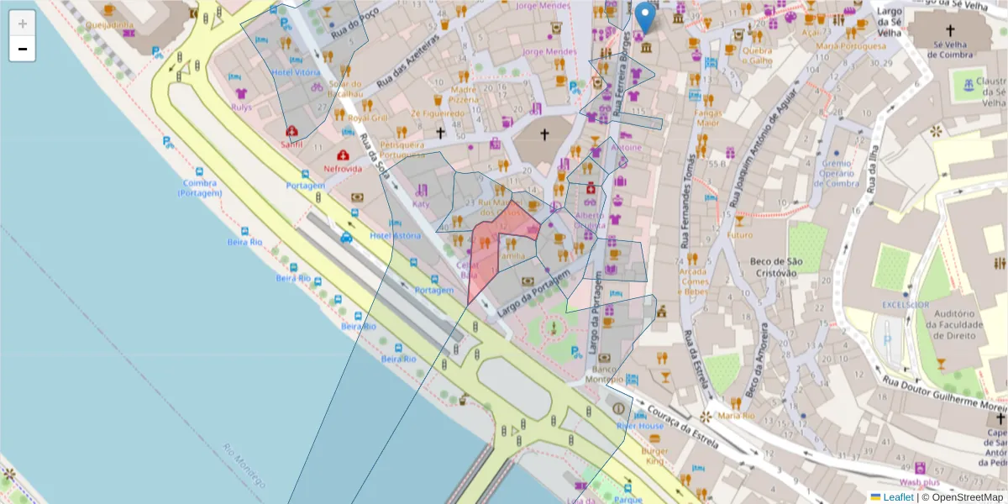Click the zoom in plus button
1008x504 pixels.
point(23,24)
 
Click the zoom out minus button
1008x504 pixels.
point(23,49)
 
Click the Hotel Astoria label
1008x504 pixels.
point(396,235)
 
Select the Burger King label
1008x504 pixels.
point(654,456)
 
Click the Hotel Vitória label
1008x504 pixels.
point(295,72)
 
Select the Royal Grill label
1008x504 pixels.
point(368,118)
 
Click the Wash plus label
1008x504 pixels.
point(919,482)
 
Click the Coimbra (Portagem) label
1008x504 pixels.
point(200,187)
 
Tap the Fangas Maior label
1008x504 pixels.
point(708,117)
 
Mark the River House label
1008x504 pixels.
point(640,426)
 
